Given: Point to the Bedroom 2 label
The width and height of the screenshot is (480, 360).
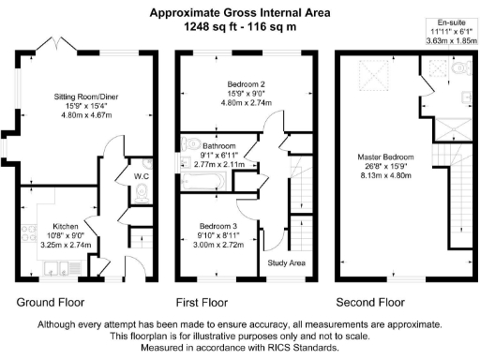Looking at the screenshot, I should point(240,84).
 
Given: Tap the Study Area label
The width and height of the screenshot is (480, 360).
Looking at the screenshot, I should point(287,262).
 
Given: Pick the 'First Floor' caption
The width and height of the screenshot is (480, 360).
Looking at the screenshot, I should point(202,303).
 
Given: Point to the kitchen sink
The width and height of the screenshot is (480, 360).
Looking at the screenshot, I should point(59,273).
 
